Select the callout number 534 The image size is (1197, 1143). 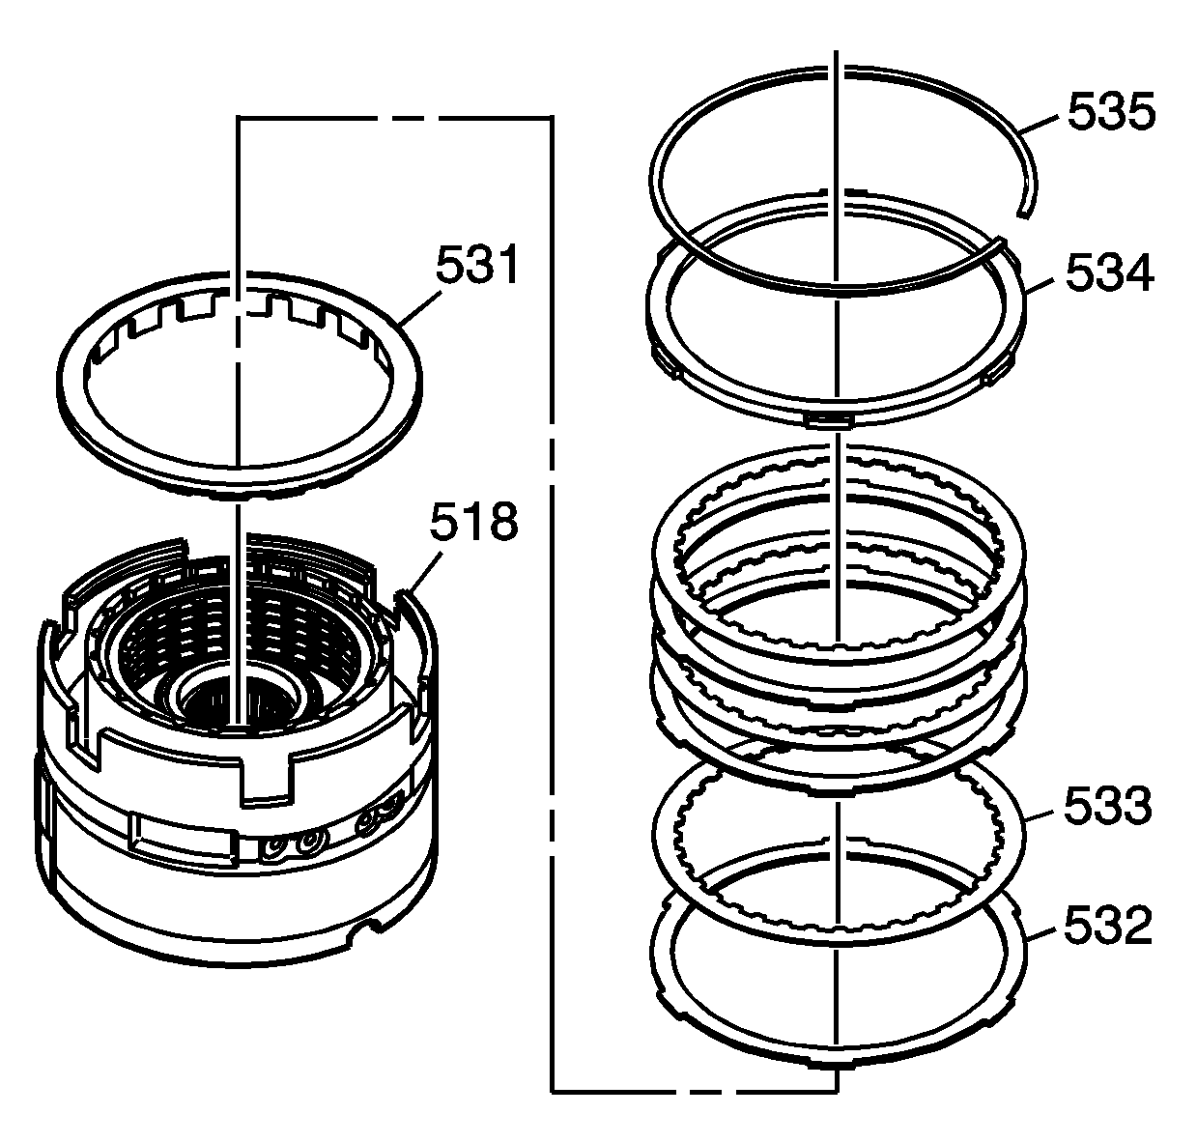[1109, 272]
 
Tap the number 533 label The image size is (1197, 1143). [1107, 805]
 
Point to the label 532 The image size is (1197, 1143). [1107, 924]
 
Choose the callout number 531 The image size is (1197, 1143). [478, 264]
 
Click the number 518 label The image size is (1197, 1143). [474, 521]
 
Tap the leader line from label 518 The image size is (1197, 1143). [424, 572]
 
